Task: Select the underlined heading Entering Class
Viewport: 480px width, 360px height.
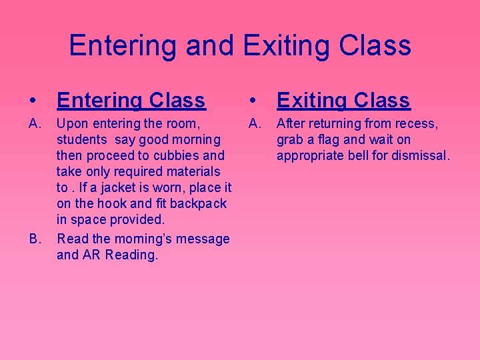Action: coord(131,100)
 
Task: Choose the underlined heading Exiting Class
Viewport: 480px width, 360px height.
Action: coord(343,100)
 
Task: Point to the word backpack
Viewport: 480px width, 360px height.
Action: coord(199,203)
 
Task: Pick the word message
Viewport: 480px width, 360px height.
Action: coord(203,239)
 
